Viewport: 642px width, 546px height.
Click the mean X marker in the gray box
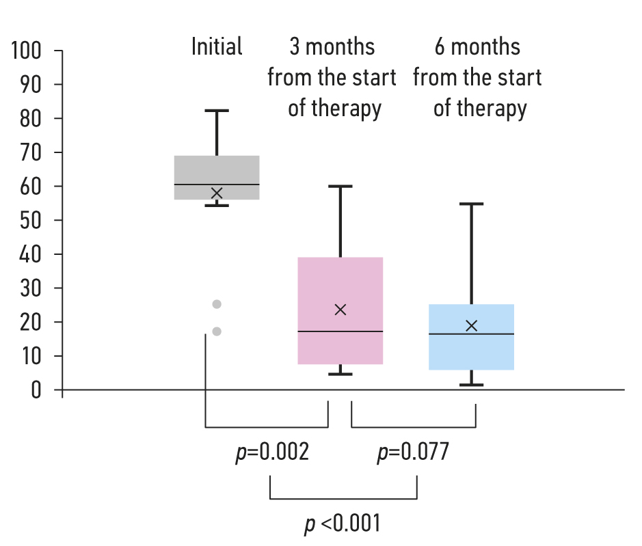click(217, 193)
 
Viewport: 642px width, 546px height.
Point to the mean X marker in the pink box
click(340, 310)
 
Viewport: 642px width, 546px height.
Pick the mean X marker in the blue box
click(471, 325)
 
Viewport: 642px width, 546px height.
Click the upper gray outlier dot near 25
click(217, 304)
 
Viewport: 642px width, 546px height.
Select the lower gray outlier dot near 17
click(217, 331)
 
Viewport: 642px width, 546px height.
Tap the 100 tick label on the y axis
click(27, 51)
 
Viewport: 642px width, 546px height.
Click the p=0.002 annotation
click(271, 452)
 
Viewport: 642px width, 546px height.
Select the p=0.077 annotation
click(413, 452)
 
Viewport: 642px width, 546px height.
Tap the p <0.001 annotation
click(342, 524)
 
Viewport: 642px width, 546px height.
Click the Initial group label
click(217, 47)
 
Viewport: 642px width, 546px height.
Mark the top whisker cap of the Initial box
click(217, 111)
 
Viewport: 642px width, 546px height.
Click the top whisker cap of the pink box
click(340, 186)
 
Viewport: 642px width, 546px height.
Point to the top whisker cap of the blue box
click(471, 204)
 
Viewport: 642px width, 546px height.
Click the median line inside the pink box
click(340, 331)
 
